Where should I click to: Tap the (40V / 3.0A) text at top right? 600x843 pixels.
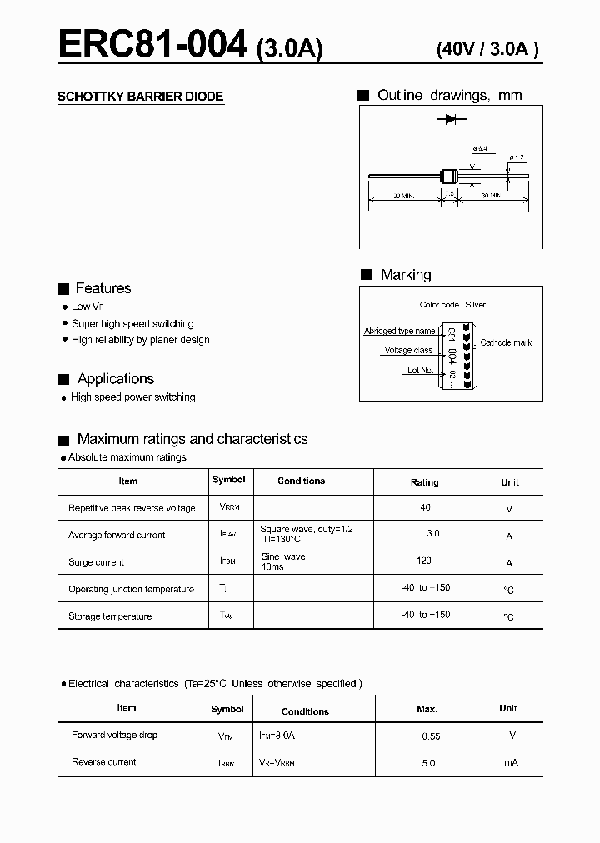coord(487,49)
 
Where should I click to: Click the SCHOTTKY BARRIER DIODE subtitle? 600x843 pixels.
coord(140,97)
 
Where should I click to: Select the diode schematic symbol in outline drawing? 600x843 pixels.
coord(451,120)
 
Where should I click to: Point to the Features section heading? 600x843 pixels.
coord(102,288)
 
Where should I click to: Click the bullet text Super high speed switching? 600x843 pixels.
coord(132,323)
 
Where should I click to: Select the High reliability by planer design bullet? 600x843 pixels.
coord(140,340)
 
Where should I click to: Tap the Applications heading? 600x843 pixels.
coord(115,379)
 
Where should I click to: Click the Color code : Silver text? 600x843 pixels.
coord(452,305)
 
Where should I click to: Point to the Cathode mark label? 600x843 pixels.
coord(506,343)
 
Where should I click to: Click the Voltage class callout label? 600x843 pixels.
coord(408,351)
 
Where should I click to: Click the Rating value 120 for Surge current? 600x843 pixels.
coord(424,561)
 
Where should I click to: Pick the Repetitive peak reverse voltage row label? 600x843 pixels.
coord(132,508)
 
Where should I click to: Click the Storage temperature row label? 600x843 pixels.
coord(110,616)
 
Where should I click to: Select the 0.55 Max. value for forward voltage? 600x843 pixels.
coord(431,736)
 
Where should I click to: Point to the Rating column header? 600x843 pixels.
coord(424,482)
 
